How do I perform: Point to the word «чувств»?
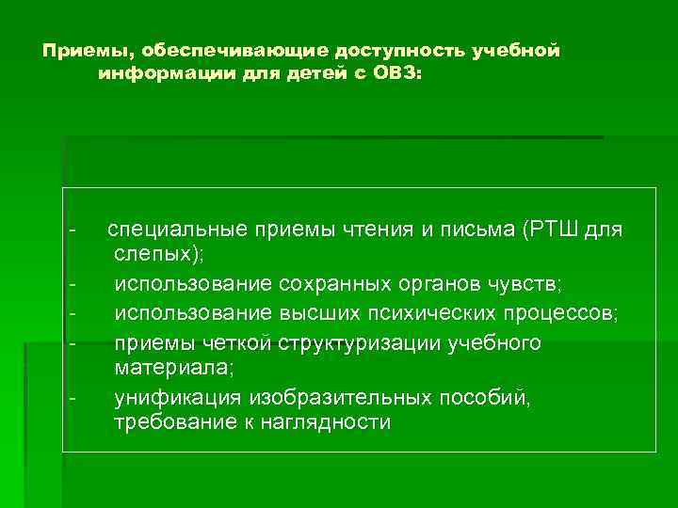click(x=526, y=283)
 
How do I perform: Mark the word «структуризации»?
click(x=373, y=343)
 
